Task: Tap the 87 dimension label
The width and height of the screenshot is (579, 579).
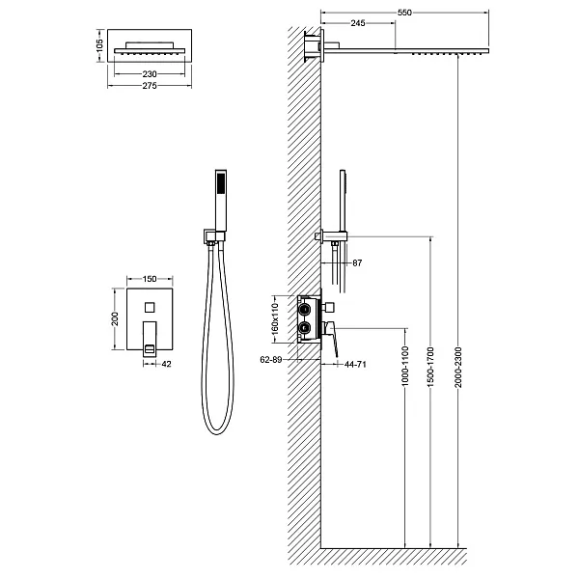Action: point(359,263)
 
